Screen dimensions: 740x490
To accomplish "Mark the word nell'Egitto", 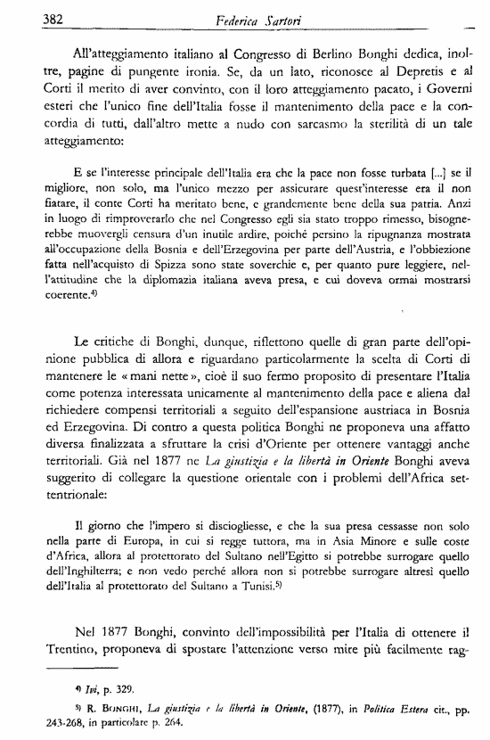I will pyautogui.click(x=285, y=551).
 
